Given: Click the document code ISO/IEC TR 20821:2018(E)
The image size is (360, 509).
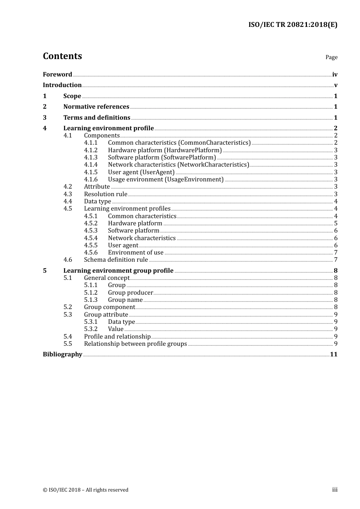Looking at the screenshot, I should click(x=293, y=25).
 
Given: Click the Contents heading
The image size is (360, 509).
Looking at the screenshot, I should click(x=62, y=56).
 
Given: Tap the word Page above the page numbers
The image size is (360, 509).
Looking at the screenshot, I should click(x=331, y=57).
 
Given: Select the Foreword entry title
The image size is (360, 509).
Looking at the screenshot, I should click(x=57, y=74).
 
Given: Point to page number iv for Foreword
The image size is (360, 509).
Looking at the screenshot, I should click(x=335, y=75).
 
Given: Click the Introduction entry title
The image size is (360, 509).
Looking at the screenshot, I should click(x=62, y=85).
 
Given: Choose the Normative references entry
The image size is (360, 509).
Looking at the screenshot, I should click(x=96, y=106).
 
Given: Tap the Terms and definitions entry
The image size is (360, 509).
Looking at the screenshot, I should click(x=97, y=117).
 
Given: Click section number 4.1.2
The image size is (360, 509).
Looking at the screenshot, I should click(x=91, y=150).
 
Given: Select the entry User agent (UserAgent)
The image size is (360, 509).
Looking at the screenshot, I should click(x=141, y=172).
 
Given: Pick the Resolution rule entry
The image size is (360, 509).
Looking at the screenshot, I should click(x=105, y=194).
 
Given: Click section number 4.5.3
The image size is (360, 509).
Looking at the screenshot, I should click(x=91, y=230).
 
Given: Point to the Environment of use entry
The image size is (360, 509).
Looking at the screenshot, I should click(x=136, y=252).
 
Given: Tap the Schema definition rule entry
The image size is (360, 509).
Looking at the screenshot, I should click(x=116, y=259).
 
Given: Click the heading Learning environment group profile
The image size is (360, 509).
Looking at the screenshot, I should click(x=118, y=270).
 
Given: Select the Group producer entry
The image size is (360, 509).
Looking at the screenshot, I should click(x=130, y=292).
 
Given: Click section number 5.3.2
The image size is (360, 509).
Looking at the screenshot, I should click(x=91, y=329).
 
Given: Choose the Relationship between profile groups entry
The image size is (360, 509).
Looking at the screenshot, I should click(x=135, y=343).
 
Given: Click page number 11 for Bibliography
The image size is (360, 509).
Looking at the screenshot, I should click(x=333, y=354).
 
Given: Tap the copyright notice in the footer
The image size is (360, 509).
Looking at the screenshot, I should click(x=86, y=490).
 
